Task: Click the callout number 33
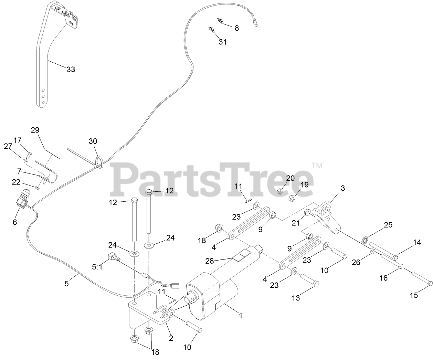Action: pyautogui.click(x=71, y=70)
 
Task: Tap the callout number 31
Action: pyautogui.click(x=223, y=42)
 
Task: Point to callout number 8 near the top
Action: pyautogui.click(x=237, y=28)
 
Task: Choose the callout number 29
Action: pyautogui.click(x=35, y=130)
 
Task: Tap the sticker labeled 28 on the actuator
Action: pyautogui.click(x=242, y=256)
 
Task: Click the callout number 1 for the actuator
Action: pyautogui.click(x=241, y=315)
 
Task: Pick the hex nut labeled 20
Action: pyautogui.click(x=281, y=190)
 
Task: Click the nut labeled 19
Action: pyautogui.click(x=291, y=198)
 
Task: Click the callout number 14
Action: pyautogui.click(x=417, y=242)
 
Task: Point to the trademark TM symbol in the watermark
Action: pyautogui.click(x=317, y=166)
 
